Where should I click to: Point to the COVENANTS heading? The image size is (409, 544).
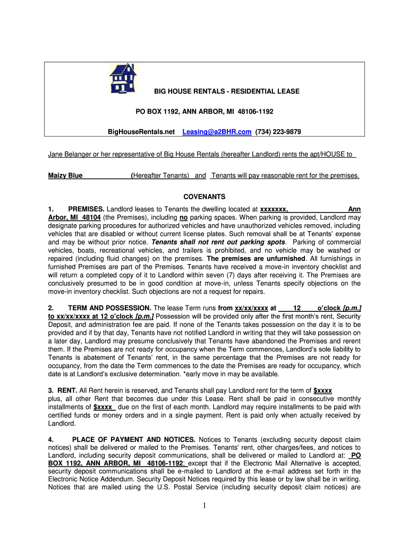click(204, 197)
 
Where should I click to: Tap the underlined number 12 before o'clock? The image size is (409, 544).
click(297, 308)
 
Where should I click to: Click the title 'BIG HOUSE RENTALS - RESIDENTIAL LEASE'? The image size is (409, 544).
click(226, 91)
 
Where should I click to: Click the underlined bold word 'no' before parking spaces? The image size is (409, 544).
click(184, 218)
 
